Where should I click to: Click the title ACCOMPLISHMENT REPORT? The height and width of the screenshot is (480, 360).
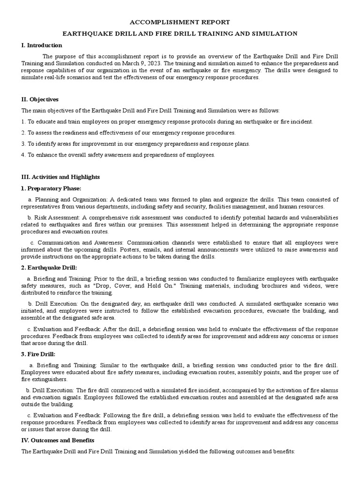[x=180, y=22]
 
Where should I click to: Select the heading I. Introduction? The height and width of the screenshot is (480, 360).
[x=42, y=45]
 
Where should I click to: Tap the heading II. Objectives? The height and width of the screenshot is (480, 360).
[x=40, y=99]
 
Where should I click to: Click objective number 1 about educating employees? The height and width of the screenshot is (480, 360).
[x=167, y=121]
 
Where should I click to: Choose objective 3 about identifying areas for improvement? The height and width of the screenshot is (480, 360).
[x=135, y=144]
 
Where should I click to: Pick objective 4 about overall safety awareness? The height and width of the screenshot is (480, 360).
[x=118, y=155]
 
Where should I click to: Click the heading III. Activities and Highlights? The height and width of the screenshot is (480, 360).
[x=60, y=177]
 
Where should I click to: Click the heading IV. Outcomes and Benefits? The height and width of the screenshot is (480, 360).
[x=58, y=441]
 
